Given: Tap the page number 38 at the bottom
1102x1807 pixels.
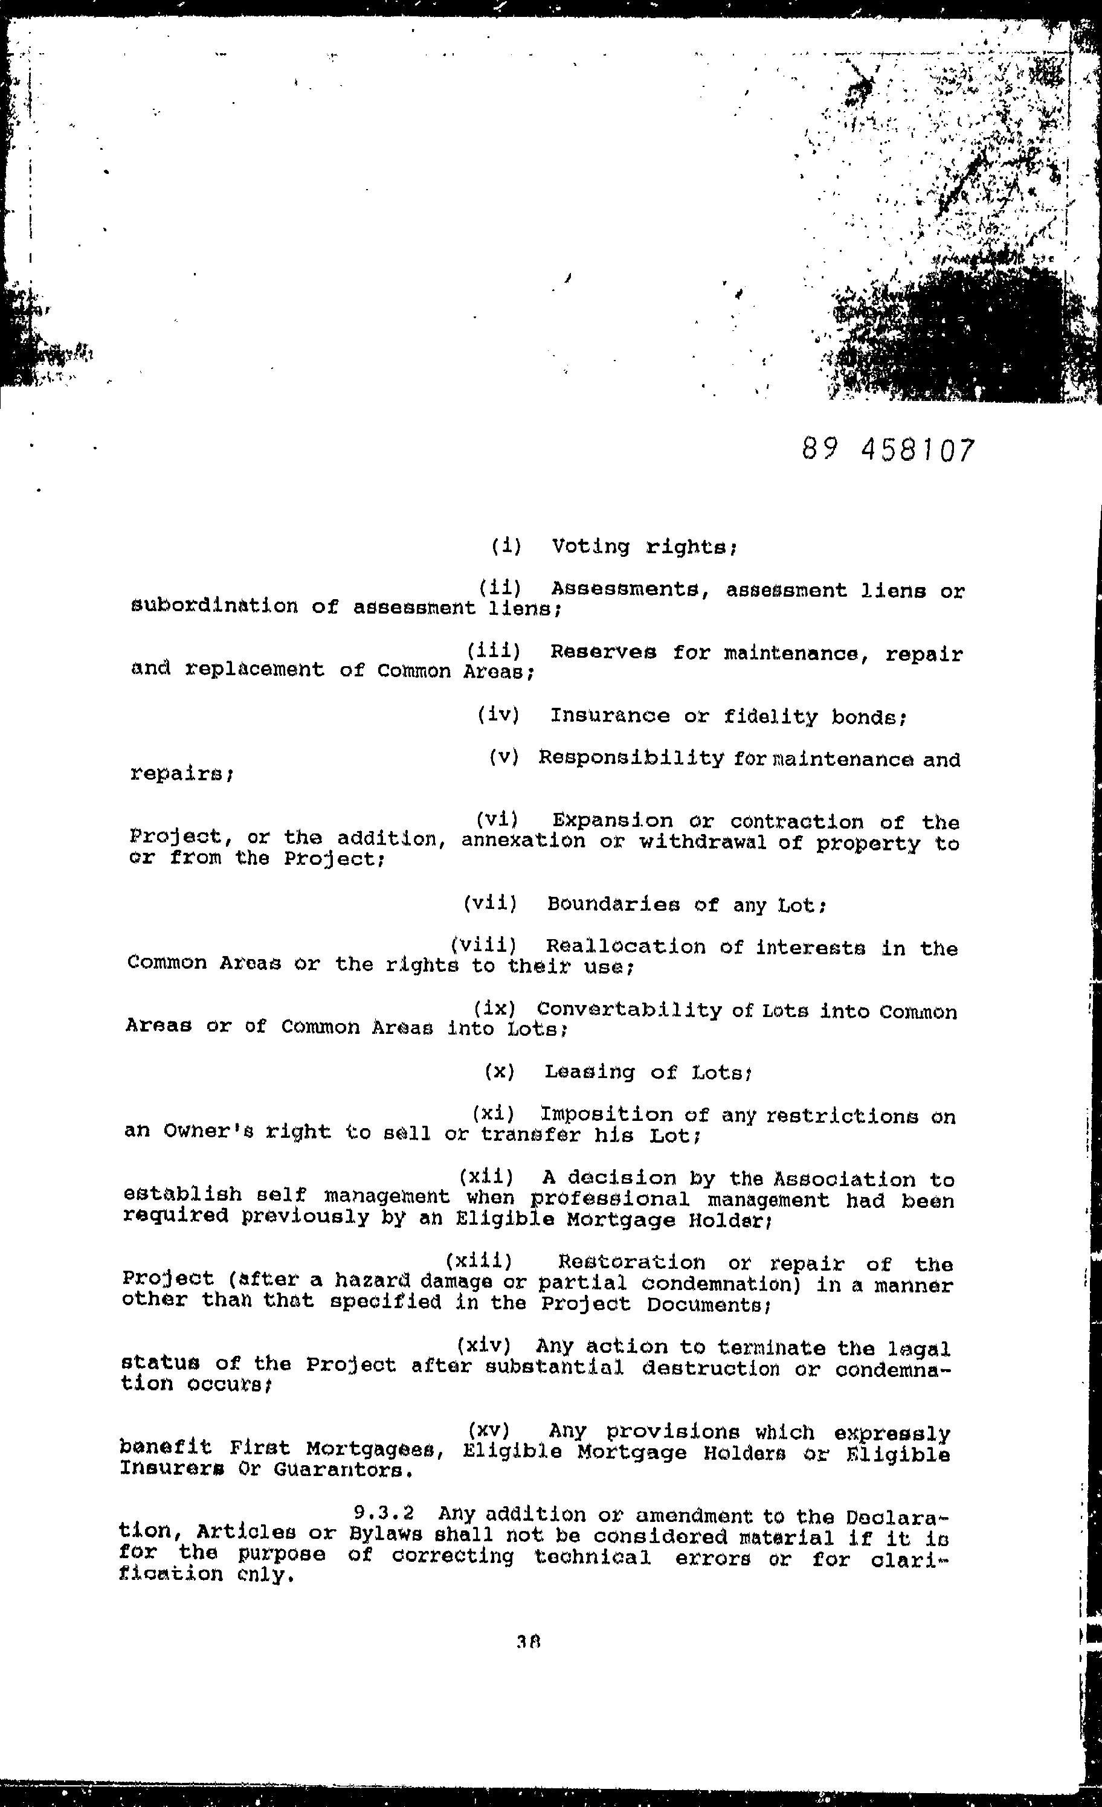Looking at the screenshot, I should (x=528, y=1643).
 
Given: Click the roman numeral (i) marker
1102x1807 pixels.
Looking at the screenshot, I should (x=506, y=545).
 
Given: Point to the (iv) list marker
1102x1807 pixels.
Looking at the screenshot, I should (x=498, y=714).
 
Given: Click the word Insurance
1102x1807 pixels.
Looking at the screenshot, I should (x=610, y=716).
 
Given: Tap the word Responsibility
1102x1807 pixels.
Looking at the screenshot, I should (x=631, y=759).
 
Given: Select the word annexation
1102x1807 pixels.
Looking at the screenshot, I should (x=523, y=841).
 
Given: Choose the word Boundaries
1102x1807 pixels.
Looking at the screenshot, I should (x=613, y=904).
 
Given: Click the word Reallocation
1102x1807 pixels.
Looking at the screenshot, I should (x=625, y=947).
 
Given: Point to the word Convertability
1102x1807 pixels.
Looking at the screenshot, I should (x=630, y=1010).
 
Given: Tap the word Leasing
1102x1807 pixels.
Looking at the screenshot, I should (x=589, y=1072).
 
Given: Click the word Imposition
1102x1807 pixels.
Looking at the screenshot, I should (x=606, y=1115).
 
